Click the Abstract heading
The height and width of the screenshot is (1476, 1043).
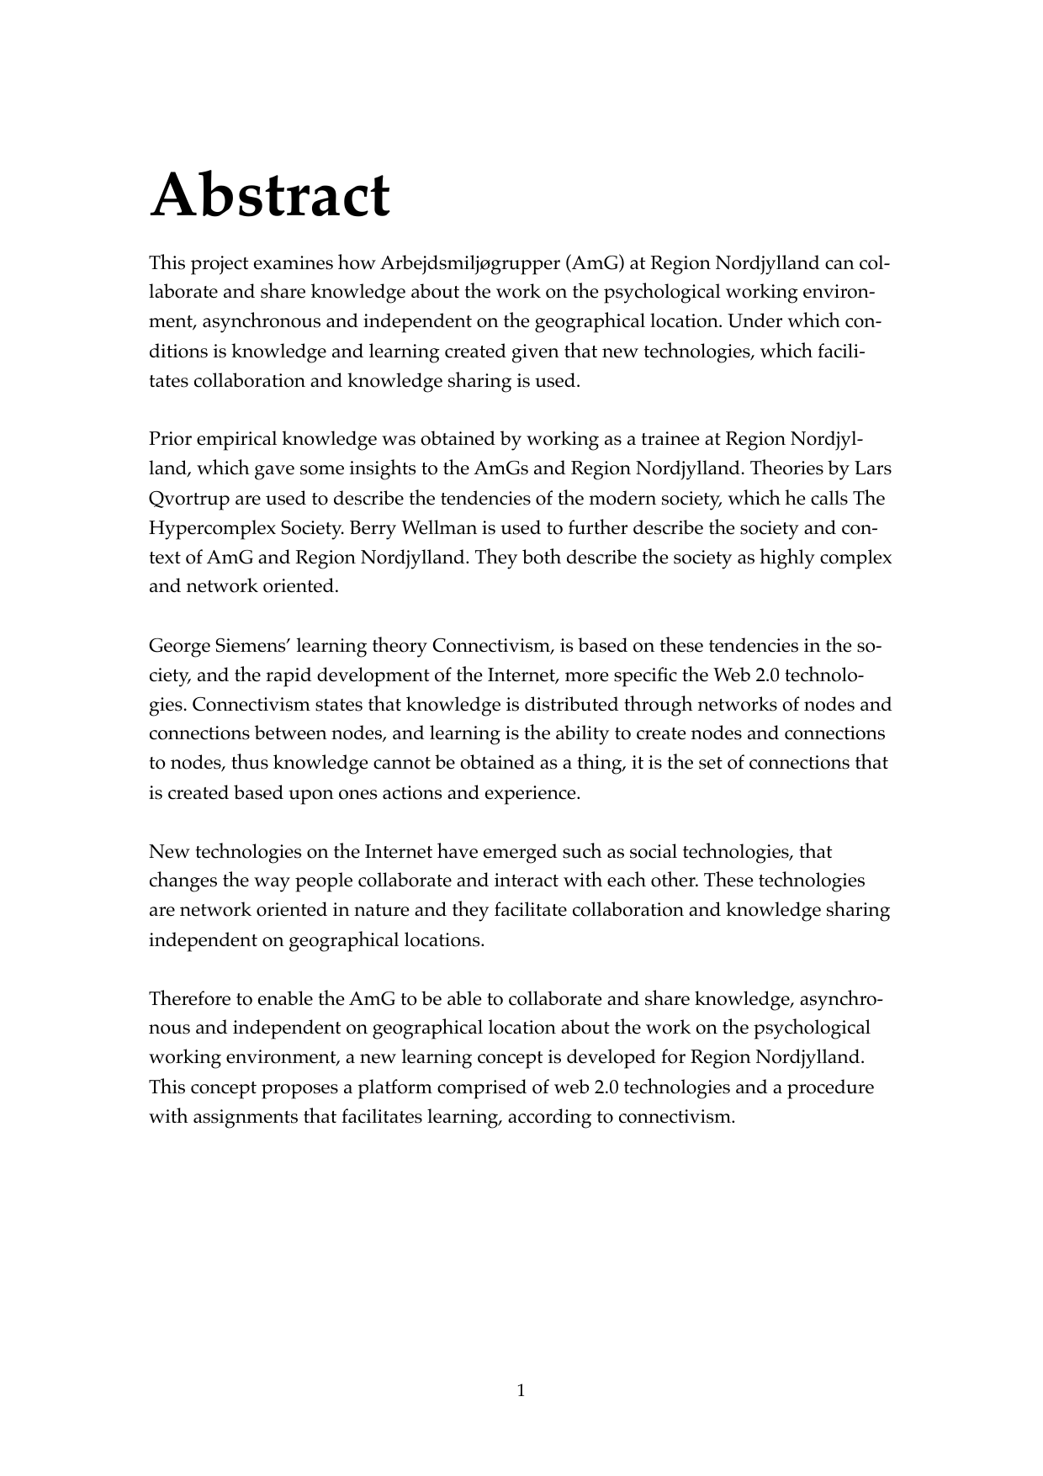269,196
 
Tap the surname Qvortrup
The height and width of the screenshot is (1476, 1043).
189,499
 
